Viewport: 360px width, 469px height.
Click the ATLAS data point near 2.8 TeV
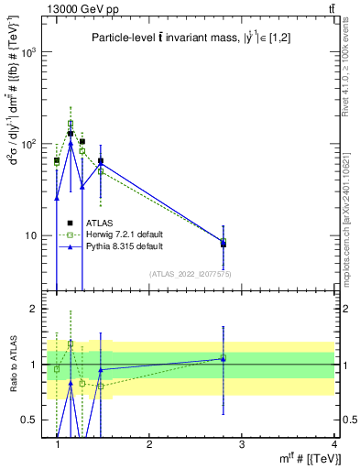(x=224, y=245)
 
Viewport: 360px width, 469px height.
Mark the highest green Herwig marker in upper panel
(x=70, y=123)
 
